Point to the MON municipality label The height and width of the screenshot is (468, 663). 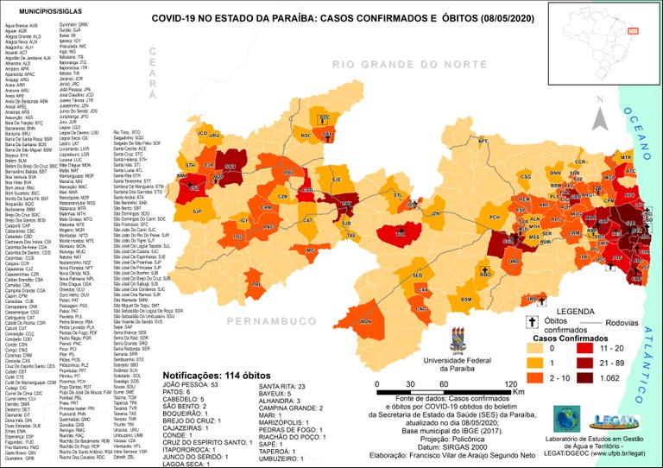(x=365, y=321)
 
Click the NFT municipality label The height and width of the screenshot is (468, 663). (x=483, y=141)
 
